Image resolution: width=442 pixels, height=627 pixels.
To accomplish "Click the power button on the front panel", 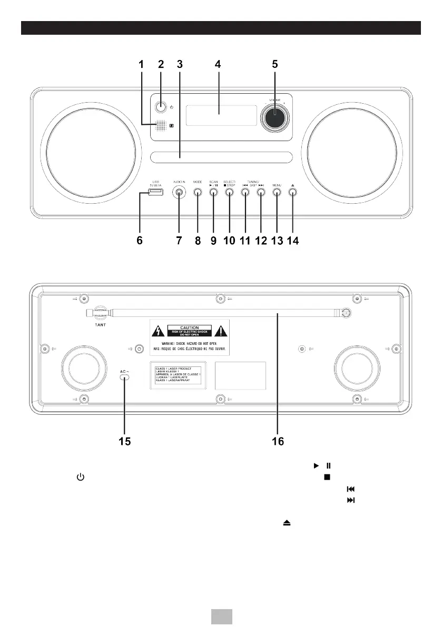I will tap(160, 107).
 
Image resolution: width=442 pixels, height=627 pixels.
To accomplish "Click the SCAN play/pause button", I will tap(213, 193).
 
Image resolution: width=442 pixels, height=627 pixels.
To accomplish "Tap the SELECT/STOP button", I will tap(229, 193).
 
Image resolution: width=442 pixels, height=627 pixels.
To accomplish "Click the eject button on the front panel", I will tap(293, 193).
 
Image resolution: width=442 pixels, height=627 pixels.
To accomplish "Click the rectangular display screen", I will tap(221, 115).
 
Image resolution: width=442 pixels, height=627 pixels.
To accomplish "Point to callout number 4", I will tap(218, 65).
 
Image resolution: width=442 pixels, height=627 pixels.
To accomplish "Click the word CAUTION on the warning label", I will tap(190, 327).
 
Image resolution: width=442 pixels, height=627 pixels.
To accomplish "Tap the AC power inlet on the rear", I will tap(125, 380).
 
